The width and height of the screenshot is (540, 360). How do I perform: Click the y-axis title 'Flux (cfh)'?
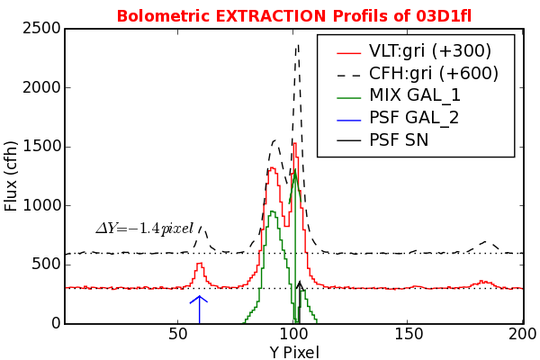[x=12, y=175]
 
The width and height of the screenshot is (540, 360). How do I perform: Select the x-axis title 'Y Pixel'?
[x=294, y=352]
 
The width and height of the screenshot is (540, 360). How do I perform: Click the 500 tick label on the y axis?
[x=46, y=265]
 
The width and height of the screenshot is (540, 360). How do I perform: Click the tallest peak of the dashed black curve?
[x=297, y=44]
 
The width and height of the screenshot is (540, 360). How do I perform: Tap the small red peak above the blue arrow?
[x=200, y=265]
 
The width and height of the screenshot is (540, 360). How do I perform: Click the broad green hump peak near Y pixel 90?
[x=272, y=211]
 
